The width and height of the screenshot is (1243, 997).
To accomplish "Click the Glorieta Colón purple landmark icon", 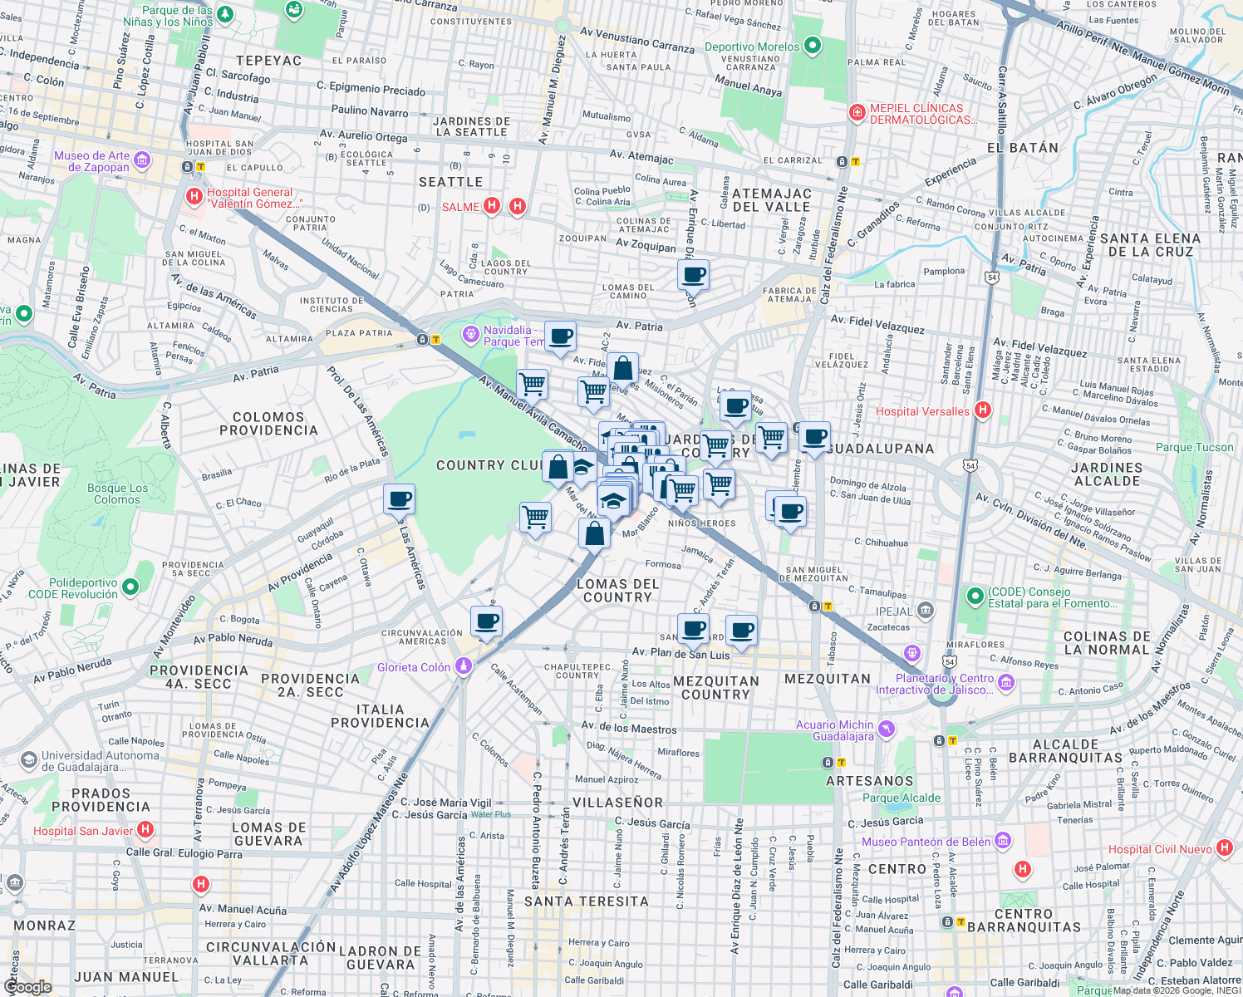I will click(x=464, y=666).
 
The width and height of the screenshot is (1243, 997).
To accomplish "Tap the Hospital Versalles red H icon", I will click(x=983, y=410).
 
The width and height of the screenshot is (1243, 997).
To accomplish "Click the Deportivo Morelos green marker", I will click(x=813, y=47).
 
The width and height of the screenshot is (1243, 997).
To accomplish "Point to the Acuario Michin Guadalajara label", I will click(x=834, y=730).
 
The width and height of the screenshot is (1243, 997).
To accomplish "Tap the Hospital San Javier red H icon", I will click(x=145, y=829).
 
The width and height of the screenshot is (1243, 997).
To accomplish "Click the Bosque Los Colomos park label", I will click(x=117, y=494).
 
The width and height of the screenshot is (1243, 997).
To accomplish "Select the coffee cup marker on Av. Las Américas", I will click(x=399, y=499).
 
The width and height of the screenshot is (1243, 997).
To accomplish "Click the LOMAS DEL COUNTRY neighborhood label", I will click(x=617, y=591).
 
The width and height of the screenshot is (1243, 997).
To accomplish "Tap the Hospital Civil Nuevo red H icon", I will click(x=1224, y=847).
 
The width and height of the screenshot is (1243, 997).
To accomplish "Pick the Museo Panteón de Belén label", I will click(x=925, y=842).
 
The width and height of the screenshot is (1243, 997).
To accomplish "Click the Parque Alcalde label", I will click(x=902, y=798).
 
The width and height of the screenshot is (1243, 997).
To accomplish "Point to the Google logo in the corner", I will click(x=27, y=986).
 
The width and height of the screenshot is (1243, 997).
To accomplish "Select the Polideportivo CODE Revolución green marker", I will click(x=130, y=588).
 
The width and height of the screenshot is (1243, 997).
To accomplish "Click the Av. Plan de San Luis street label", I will click(x=680, y=653).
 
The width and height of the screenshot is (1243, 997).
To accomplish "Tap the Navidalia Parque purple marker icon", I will click(x=471, y=335).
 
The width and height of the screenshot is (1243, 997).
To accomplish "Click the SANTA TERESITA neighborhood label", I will click(x=587, y=901).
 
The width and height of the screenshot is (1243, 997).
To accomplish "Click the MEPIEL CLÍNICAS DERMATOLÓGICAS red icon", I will click(x=857, y=113).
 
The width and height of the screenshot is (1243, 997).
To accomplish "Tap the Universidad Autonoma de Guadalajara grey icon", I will click(x=29, y=760).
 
